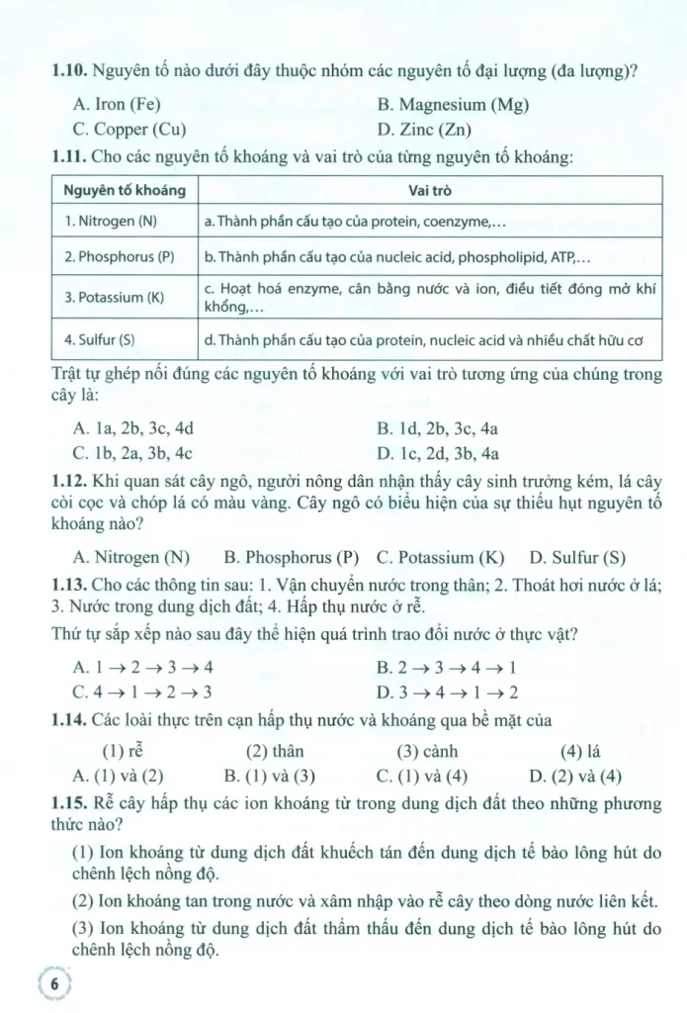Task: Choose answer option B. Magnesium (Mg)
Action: [x=446, y=104]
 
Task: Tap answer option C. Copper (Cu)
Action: [x=129, y=129]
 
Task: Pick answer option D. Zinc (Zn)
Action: [x=424, y=129]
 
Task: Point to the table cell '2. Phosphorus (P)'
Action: [x=119, y=256]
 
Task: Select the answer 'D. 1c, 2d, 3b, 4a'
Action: [x=438, y=454]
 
